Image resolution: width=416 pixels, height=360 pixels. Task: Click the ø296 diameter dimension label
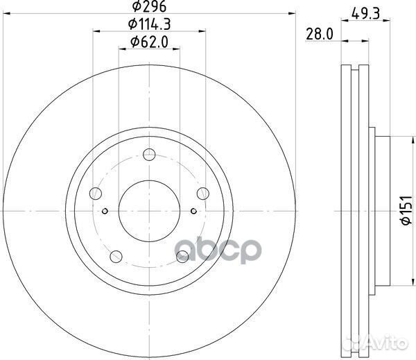148,7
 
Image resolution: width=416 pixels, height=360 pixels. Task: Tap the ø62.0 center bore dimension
148,43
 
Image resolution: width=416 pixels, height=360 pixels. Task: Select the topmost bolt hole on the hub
149,155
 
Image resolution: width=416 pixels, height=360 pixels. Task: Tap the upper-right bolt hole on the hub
202,194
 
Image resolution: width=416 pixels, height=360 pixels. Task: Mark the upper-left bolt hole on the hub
97,194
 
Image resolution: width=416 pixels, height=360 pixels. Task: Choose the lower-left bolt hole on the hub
116,257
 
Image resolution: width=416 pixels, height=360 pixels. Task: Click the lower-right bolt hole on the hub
182,257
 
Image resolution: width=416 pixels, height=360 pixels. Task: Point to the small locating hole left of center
105,212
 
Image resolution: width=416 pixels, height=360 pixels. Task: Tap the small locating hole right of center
194,212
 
